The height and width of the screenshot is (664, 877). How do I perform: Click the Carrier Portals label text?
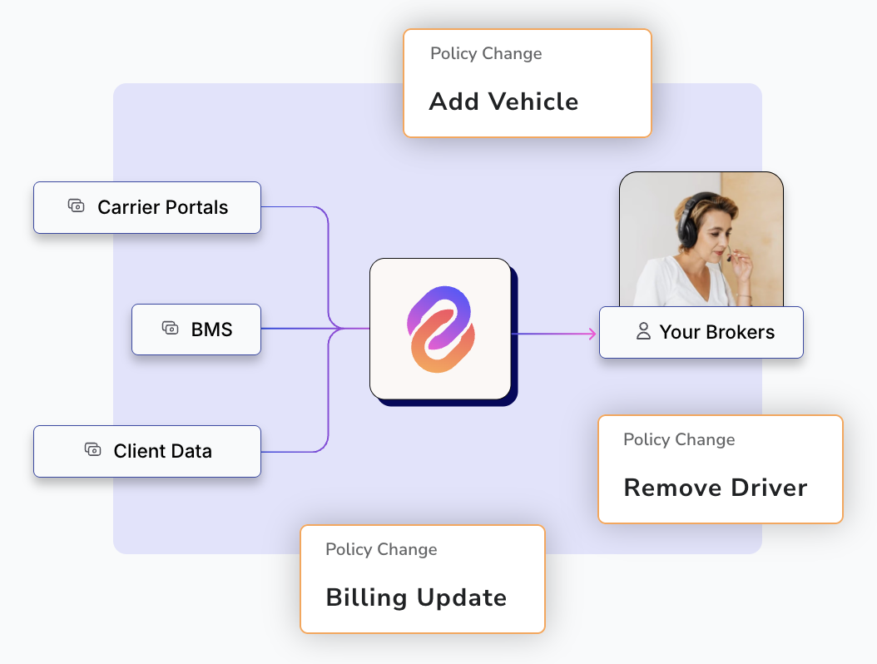click(163, 207)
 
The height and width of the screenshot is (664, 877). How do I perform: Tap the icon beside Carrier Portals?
click(76, 206)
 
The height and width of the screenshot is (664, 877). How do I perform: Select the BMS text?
click(211, 330)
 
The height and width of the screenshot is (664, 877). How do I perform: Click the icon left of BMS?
click(170, 328)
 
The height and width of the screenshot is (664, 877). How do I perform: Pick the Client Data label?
click(163, 452)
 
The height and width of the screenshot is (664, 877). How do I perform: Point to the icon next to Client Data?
click(93, 449)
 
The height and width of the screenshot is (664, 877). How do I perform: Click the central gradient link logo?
click(441, 330)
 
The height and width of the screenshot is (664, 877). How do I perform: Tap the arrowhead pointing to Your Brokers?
click(592, 334)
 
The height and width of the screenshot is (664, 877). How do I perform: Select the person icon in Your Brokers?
click(644, 331)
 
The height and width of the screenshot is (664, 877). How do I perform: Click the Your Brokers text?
click(717, 332)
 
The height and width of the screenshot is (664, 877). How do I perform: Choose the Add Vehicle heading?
click(503, 102)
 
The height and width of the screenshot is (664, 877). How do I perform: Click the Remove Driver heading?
click(716, 488)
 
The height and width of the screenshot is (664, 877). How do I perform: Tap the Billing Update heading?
click(416, 598)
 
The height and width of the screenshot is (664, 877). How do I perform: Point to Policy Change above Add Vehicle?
click(486, 54)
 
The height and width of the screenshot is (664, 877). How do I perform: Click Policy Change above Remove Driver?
click(679, 439)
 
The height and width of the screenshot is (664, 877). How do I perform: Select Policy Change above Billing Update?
click(381, 550)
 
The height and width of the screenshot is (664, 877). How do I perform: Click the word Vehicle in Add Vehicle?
click(533, 102)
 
